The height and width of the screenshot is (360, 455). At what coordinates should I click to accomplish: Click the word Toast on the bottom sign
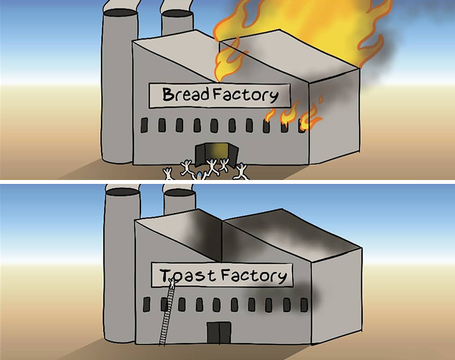(x=185, y=276)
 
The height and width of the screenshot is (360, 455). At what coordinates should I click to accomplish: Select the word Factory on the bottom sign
(x=253, y=276)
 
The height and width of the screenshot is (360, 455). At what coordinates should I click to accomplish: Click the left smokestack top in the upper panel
(x=120, y=11)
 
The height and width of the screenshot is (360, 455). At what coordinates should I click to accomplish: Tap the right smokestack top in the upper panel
(x=177, y=12)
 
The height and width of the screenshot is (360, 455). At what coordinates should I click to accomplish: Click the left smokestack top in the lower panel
(x=121, y=191)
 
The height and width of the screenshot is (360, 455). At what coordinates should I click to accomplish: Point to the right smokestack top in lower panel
(x=179, y=192)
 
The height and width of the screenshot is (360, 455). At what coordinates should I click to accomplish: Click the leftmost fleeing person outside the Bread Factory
(x=168, y=174)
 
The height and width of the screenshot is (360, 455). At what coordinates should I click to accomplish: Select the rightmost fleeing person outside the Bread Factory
(x=242, y=172)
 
